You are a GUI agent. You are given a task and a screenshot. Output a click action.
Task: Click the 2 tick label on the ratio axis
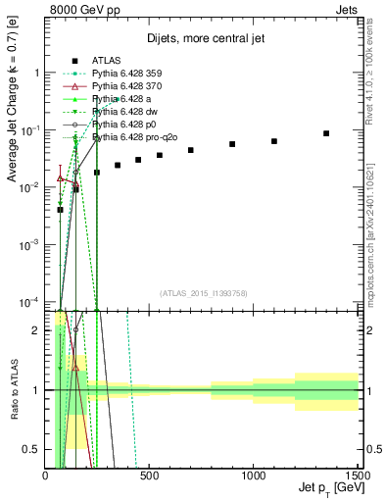(x=36, y=330)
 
